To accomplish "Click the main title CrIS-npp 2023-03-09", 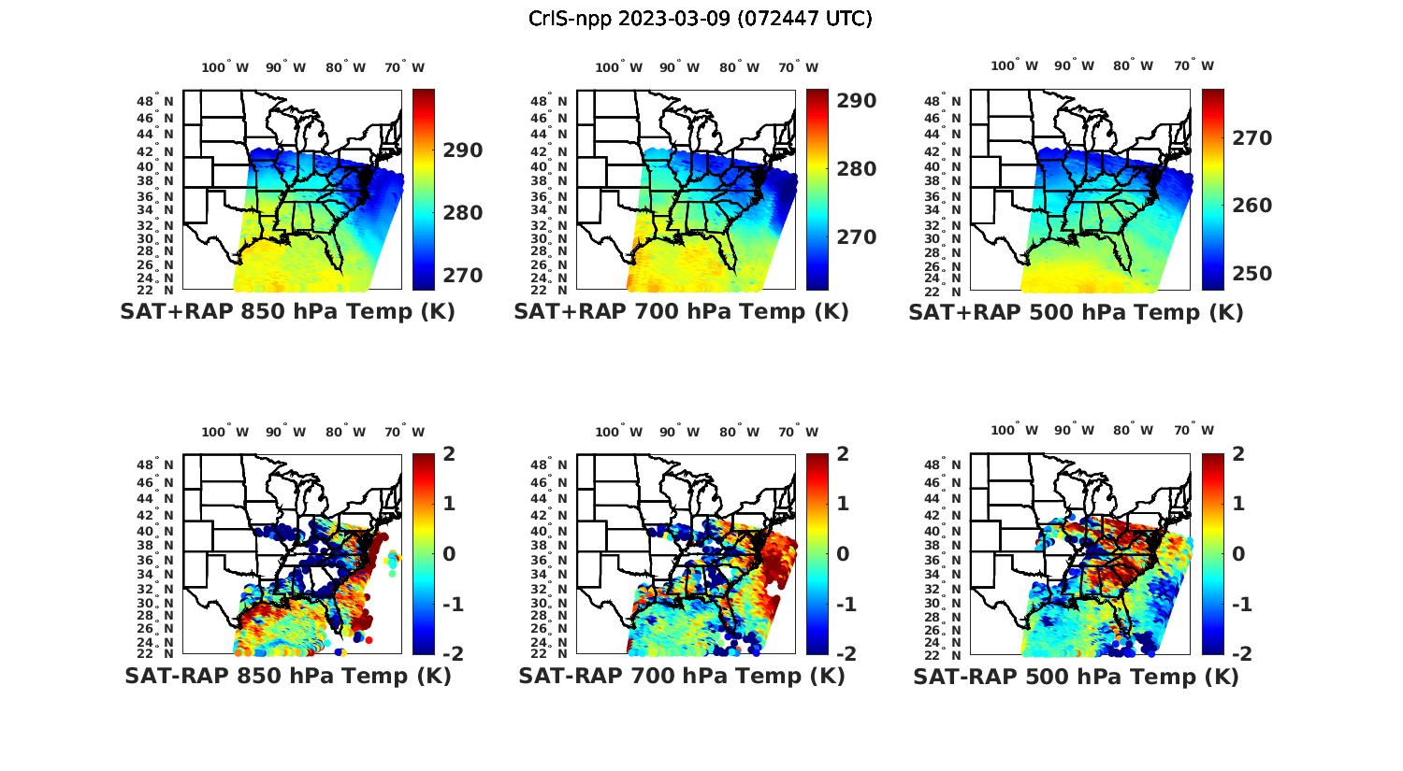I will click(x=700, y=18).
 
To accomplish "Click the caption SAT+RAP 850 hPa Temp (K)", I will click(x=287, y=311).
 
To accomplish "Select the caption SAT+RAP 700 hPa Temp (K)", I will click(x=681, y=311).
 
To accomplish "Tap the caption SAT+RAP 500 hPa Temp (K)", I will click(x=1076, y=312).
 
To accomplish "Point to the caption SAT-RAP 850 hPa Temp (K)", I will click(x=288, y=676).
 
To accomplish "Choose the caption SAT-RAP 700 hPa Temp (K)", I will click(x=682, y=676).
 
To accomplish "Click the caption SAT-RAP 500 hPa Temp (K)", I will click(x=1076, y=677).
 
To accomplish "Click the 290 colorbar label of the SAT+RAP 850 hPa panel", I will click(x=462, y=150).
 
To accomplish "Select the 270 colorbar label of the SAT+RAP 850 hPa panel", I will click(x=462, y=276).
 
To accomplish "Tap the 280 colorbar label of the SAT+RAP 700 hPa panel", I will click(x=856, y=169).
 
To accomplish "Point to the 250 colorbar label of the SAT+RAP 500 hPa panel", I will click(x=1251, y=274).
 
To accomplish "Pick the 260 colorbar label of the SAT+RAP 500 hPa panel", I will click(x=1251, y=206).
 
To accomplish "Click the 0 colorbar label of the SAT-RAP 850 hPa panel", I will click(x=449, y=553).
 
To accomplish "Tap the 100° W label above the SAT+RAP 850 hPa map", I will click(x=225, y=67).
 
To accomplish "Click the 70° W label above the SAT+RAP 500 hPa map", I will click(x=1193, y=65).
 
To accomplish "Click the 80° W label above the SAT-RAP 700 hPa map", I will click(x=740, y=432).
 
